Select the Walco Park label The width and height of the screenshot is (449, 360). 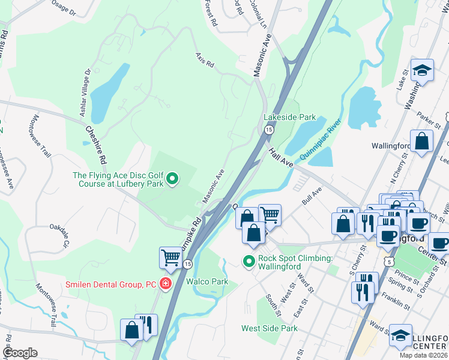coord(207,281)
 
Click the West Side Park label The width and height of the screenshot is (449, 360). coord(270,328)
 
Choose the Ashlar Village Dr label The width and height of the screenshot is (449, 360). coord(88,88)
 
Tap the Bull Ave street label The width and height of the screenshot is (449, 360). coord(313,196)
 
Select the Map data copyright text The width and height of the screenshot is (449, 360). coord(423,355)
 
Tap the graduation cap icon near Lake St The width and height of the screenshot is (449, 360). coord(422,70)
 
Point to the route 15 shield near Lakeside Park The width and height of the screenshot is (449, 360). coord(269,130)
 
